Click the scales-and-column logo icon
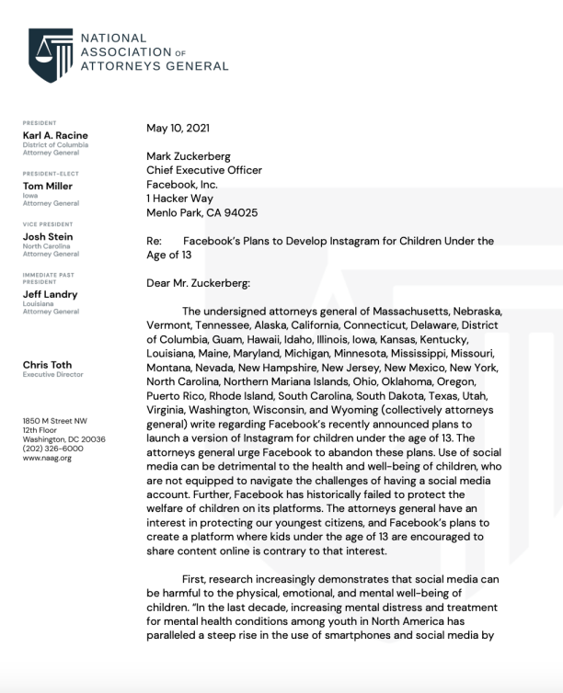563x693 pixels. [50, 53]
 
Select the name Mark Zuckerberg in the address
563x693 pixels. [190, 156]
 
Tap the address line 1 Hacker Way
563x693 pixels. [184, 199]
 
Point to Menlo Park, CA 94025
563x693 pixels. [201, 212]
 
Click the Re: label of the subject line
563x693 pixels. [155, 241]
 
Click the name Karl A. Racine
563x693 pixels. [55, 135]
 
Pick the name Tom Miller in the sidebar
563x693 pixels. [48, 186]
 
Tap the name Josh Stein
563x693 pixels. [48, 235]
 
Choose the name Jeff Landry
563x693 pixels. [51, 294]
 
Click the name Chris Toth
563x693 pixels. [49, 365]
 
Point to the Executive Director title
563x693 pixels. [52, 375]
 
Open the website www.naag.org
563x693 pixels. [47, 458]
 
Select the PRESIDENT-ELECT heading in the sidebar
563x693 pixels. [51, 173]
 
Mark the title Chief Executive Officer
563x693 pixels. [203, 170]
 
